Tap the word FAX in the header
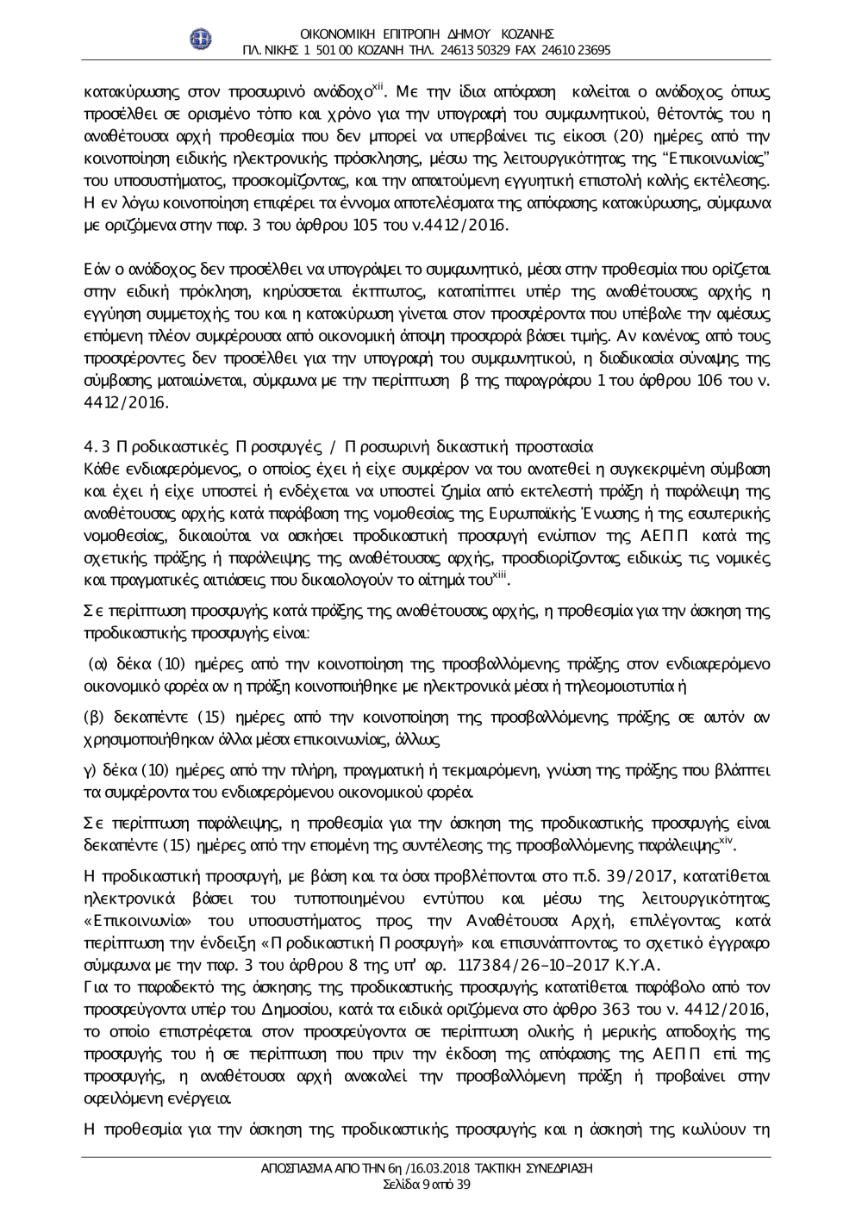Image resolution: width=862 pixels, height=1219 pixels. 527,50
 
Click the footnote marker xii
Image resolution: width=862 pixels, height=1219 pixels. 376,87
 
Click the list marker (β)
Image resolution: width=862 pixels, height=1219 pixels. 94,717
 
